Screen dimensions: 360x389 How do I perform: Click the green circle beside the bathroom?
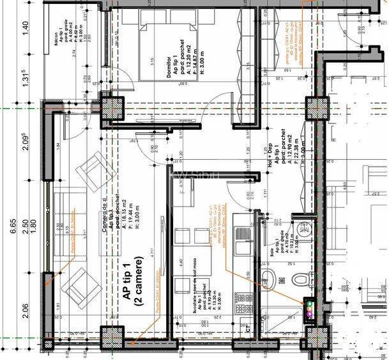[310, 304]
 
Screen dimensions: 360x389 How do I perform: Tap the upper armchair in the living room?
[89, 169]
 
